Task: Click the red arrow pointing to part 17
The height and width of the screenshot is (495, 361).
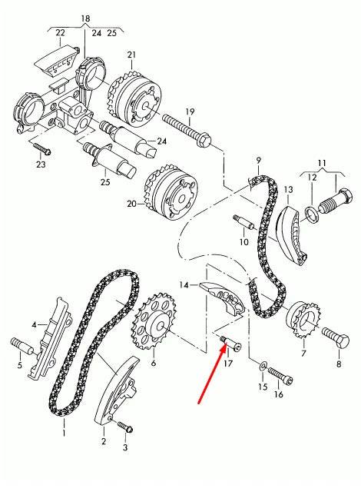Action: click(x=211, y=376)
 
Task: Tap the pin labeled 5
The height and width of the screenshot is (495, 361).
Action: click(x=22, y=344)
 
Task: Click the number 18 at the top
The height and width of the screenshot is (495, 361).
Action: click(x=84, y=17)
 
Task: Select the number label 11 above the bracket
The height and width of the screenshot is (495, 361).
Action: click(x=322, y=164)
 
